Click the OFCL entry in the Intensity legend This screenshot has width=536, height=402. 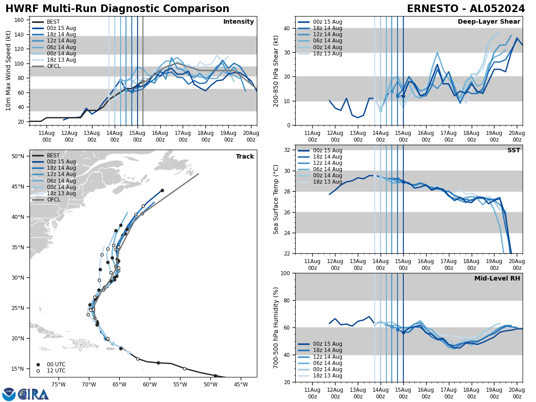click(x=53, y=66)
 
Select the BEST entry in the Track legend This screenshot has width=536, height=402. click(x=53, y=155)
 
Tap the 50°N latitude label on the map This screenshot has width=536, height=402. click(x=18, y=156)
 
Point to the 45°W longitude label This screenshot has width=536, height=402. click(x=241, y=384)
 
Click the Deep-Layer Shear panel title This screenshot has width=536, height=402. click(x=489, y=22)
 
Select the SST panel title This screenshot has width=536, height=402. click(x=513, y=151)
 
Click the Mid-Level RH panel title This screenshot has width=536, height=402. click(x=497, y=279)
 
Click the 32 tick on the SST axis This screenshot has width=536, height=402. click(x=287, y=150)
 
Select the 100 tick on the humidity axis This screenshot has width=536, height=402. click(x=285, y=273)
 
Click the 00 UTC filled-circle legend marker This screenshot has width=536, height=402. click(x=38, y=364)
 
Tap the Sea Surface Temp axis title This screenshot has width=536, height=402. click(x=276, y=199)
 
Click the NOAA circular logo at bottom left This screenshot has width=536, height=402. click(x=9, y=394)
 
